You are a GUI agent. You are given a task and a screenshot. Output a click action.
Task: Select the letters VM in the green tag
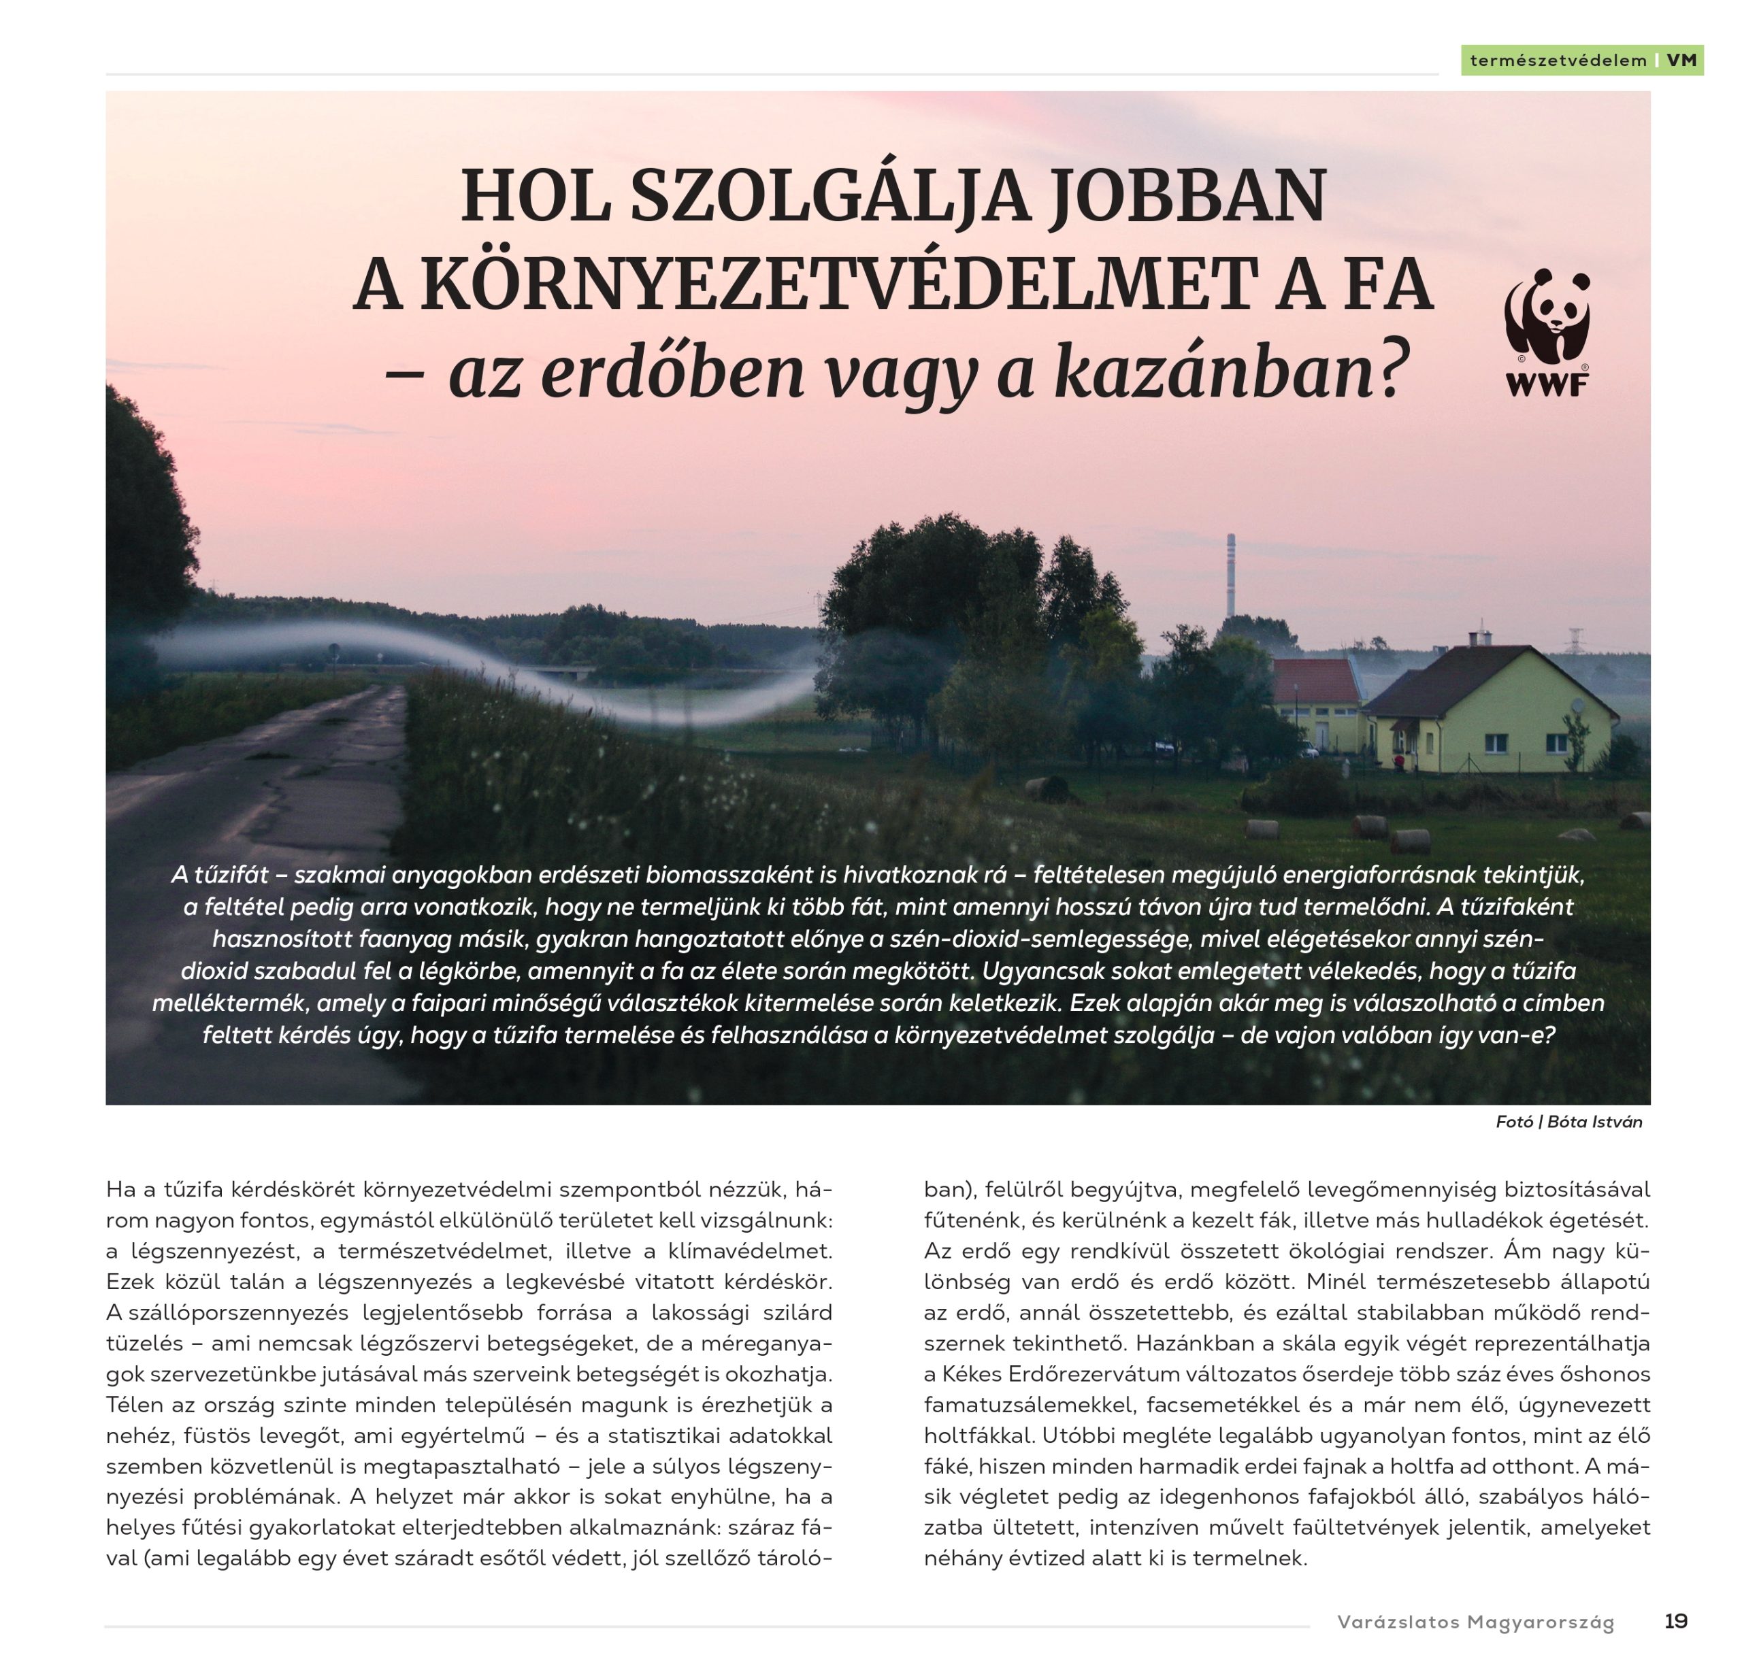(x=1681, y=61)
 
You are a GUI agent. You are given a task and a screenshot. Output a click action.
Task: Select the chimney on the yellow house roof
(x=1479, y=637)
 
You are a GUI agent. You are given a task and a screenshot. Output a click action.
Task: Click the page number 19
(x=1675, y=1620)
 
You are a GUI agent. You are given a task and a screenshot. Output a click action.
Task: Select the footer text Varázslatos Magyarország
(x=1475, y=1622)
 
